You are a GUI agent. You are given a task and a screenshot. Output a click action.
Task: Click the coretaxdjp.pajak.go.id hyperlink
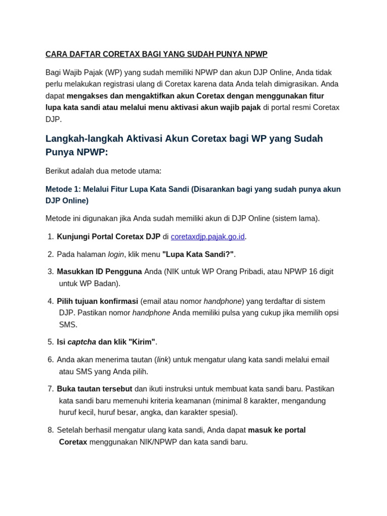click(x=208, y=237)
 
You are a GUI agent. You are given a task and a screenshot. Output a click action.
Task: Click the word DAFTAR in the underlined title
click(x=84, y=54)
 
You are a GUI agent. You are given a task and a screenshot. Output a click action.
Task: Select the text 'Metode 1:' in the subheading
click(x=62, y=189)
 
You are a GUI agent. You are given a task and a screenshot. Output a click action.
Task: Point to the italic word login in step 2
click(x=115, y=254)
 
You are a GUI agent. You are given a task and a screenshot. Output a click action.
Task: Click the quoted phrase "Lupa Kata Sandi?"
click(x=198, y=254)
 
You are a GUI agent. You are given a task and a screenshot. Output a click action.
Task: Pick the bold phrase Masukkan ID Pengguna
click(x=99, y=272)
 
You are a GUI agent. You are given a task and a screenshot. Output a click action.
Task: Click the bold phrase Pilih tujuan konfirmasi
click(x=97, y=301)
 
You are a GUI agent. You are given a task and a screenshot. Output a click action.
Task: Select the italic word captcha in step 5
click(x=82, y=342)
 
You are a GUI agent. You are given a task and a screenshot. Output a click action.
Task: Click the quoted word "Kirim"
click(x=142, y=342)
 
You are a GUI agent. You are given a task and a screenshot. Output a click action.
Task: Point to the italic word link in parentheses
click(x=162, y=360)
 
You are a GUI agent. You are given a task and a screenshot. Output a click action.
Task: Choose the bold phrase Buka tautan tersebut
click(x=94, y=389)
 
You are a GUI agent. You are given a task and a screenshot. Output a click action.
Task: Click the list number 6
click(x=50, y=360)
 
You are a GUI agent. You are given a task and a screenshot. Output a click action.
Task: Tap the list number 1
click(x=50, y=237)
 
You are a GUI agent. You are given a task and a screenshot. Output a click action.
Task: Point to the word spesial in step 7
click(x=223, y=412)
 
